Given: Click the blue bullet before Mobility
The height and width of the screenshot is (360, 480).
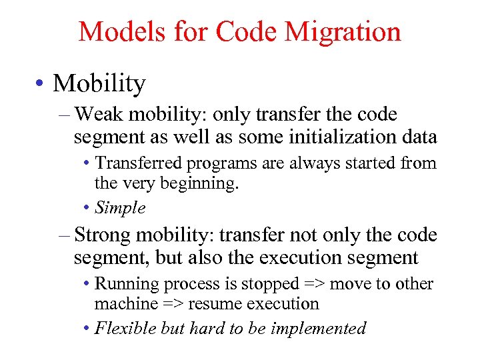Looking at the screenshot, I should point(42,85).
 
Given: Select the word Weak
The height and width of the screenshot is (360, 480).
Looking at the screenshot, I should point(99,115).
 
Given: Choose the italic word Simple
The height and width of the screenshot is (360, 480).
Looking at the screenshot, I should point(120,207).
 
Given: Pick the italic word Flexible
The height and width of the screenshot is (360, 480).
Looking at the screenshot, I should point(124,328).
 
